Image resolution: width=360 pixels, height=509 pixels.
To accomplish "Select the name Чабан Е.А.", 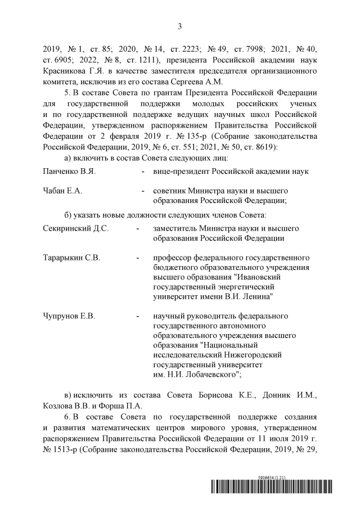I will coord(62,191).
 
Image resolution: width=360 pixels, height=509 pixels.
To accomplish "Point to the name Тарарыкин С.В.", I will coord(71,258).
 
